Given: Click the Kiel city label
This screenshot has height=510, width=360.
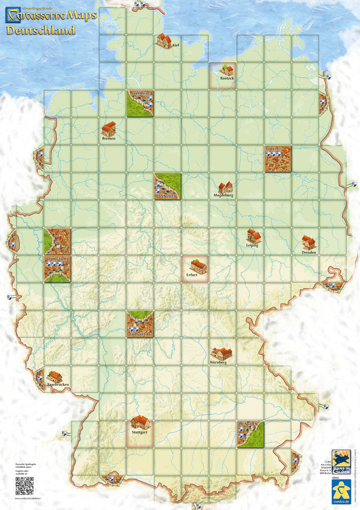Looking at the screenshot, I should pyautogui.click(x=175, y=45).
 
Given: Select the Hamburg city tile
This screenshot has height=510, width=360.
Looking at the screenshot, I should pyautogui.click(x=139, y=104).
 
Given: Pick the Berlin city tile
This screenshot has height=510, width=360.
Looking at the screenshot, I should pyautogui.click(x=277, y=159).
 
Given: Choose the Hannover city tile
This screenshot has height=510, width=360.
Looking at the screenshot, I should pyautogui.click(x=167, y=186).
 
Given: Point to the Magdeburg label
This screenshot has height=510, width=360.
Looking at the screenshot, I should pyautogui.click(x=224, y=195).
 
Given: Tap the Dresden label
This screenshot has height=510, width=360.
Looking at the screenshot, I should pyautogui.click(x=309, y=252).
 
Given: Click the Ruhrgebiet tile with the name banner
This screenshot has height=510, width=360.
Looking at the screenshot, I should pyautogui.click(x=57, y=269).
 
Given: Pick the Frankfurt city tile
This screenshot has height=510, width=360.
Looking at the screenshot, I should pyautogui.click(x=139, y=324).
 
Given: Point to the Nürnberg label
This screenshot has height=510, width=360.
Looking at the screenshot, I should pyautogui.click(x=218, y=362).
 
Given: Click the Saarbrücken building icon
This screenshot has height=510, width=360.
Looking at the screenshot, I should pyautogui.click(x=54, y=376).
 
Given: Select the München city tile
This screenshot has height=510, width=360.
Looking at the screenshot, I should pyautogui.click(x=250, y=434).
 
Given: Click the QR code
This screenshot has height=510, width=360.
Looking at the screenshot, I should pyautogui.click(x=24, y=485).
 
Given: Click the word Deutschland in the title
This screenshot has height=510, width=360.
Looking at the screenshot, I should pyautogui.click(x=40, y=30).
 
